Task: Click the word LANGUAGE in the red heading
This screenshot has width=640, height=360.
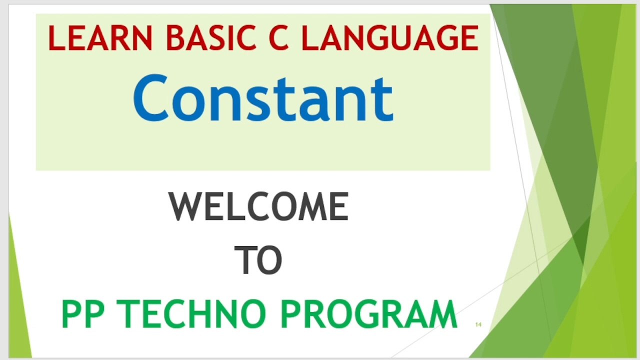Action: [389, 38]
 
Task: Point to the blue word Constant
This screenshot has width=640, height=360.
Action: [263, 98]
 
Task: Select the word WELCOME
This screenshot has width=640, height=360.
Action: [258, 207]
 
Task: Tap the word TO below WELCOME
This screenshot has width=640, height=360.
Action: [258, 260]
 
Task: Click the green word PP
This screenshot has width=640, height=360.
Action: [86, 314]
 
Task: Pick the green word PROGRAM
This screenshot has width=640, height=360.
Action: [368, 314]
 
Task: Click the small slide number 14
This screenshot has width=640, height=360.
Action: [478, 324]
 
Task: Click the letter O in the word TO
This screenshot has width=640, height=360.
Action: [270, 260]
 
